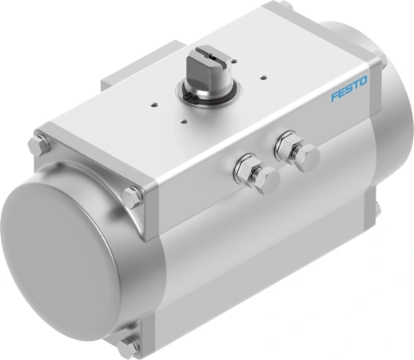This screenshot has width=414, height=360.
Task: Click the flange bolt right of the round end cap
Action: point(133,194)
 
